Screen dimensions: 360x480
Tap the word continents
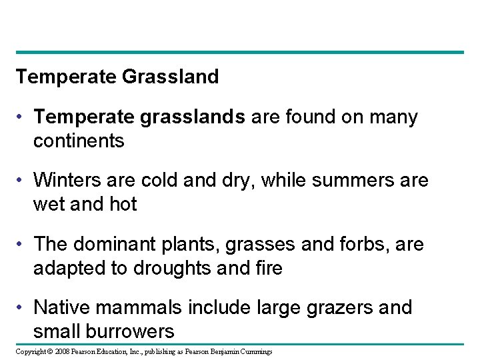click(x=79, y=141)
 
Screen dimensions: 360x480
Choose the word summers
click(x=349, y=181)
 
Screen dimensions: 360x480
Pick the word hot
click(x=122, y=204)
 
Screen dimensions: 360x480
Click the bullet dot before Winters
click(x=21, y=181)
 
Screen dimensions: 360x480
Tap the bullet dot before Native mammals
click(x=21, y=308)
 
